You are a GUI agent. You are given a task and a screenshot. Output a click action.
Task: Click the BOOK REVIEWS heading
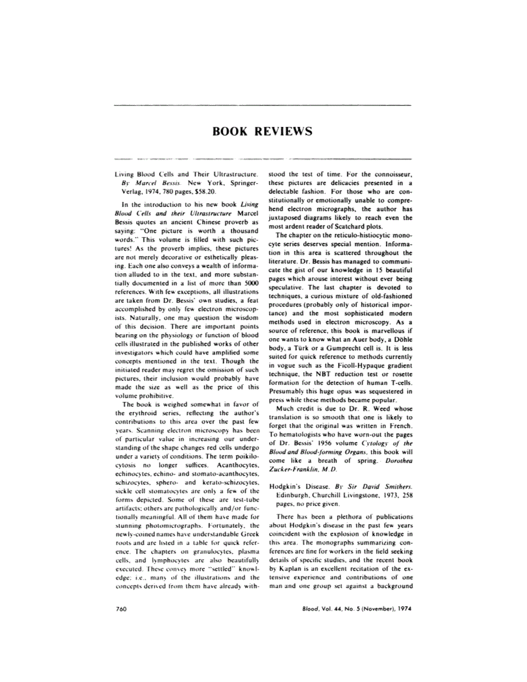click(x=262, y=131)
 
